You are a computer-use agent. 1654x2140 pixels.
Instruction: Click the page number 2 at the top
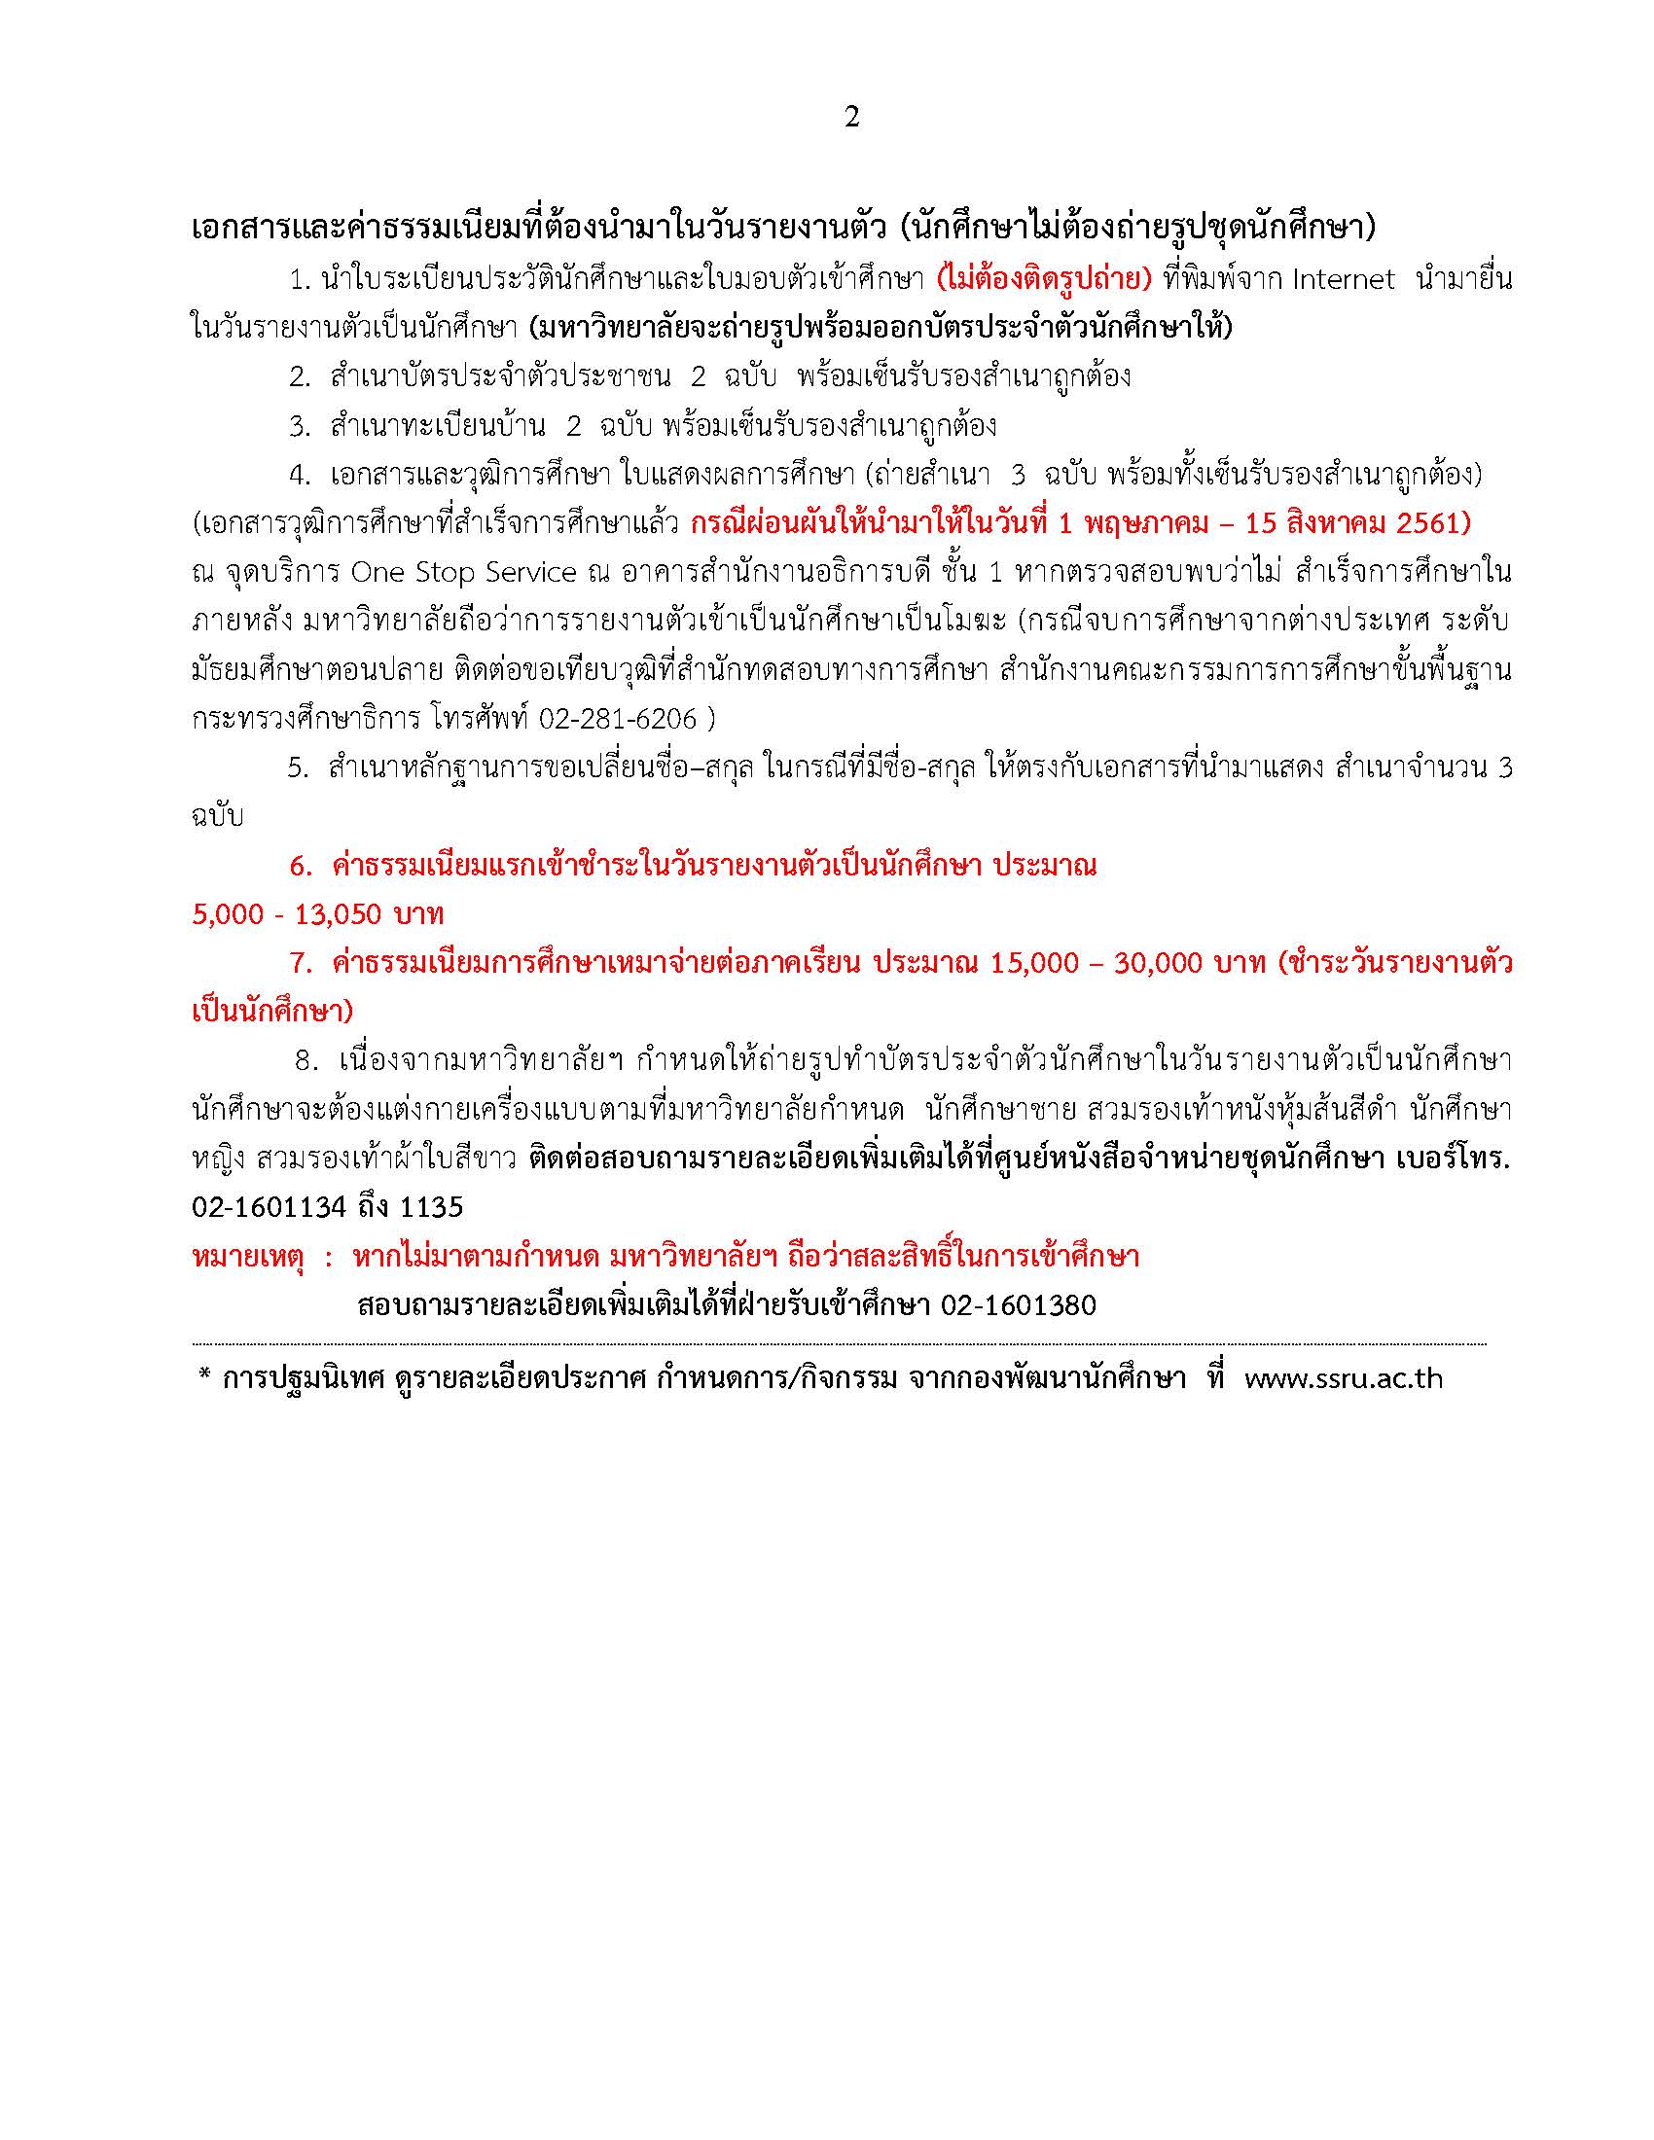tap(850, 118)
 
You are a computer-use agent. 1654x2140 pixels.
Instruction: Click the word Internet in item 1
tap(1344, 280)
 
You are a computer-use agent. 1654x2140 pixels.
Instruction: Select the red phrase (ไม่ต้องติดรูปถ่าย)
tap(1044, 280)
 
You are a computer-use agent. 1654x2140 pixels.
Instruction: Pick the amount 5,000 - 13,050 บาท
tap(317, 914)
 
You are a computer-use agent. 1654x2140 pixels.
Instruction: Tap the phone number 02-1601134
tap(269, 1208)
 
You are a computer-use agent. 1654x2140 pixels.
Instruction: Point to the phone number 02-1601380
tap(1018, 1305)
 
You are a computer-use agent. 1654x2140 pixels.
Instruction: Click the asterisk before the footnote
tap(204, 1376)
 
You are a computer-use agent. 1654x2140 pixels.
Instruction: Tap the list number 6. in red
tap(300, 866)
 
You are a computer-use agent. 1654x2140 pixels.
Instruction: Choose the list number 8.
tap(305, 1061)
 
